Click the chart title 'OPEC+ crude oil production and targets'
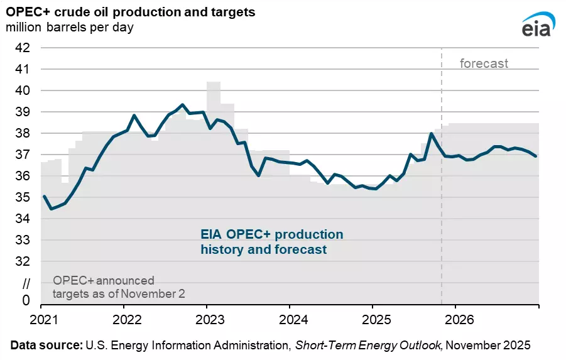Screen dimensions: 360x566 tap(131, 13)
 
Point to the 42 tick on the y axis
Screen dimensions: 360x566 tap(23, 47)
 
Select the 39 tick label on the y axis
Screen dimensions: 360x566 tap(23, 112)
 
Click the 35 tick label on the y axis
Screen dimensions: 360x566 tap(23, 197)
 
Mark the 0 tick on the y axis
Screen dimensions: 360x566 tap(26, 301)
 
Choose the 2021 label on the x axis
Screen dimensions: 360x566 tap(41, 319)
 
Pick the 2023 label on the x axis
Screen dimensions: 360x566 tap(207, 319)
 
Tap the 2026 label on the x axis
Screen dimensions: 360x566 tap(455, 319)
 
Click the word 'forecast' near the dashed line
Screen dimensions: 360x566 tap(484, 63)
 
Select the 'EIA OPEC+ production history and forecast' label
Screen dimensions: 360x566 tap(272, 242)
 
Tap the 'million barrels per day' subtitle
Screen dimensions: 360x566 tap(70, 28)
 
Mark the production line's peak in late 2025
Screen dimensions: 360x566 tap(432, 133)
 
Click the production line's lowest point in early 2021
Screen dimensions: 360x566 tap(51, 208)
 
